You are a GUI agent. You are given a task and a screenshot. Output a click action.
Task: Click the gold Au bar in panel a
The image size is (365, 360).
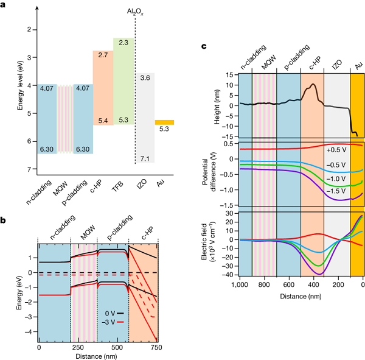[x=164, y=122]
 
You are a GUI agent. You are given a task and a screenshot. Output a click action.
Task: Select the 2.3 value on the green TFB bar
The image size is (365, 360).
[x=123, y=43]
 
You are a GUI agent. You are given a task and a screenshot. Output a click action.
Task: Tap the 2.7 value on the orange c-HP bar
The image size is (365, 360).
[x=103, y=55]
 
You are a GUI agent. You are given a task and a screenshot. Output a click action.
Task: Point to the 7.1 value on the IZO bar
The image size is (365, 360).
[x=145, y=158]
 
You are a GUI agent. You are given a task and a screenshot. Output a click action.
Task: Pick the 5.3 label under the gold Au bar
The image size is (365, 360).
[x=164, y=129]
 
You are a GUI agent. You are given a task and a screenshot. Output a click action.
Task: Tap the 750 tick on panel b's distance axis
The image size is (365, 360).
[x=157, y=348]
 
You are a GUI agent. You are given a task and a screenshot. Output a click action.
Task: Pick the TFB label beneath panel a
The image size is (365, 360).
[x=123, y=180]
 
